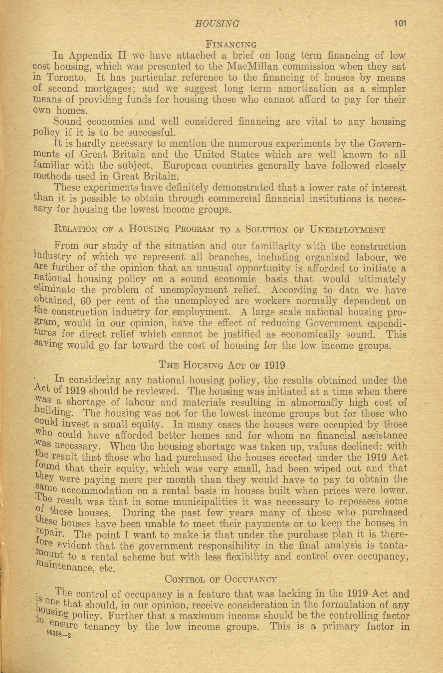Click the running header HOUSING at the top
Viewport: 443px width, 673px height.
click(217, 24)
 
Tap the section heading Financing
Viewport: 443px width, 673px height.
click(231, 44)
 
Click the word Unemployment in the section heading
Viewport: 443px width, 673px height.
click(348, 230)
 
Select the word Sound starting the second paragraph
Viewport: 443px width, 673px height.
click(67, 122)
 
